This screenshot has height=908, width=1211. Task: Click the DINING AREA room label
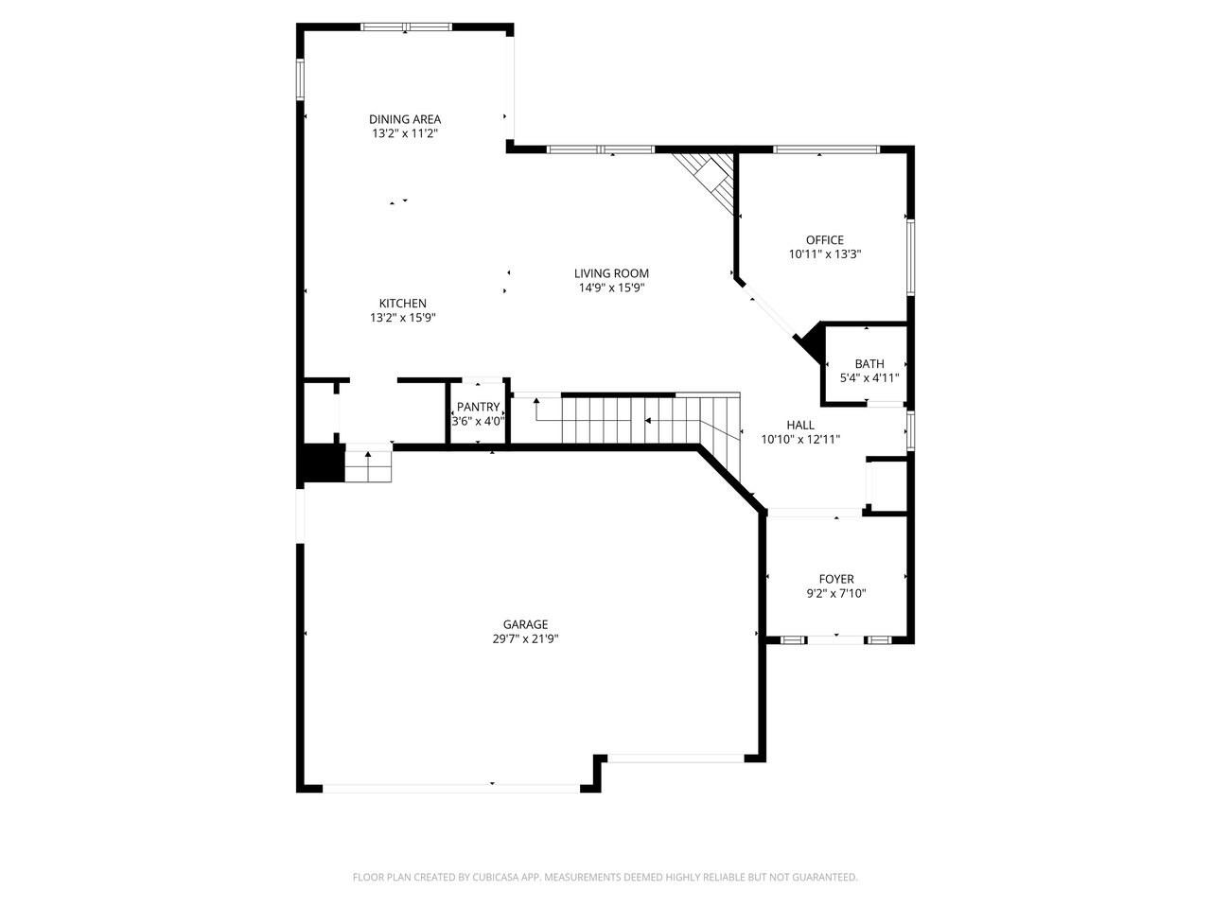click(x=404, y=119)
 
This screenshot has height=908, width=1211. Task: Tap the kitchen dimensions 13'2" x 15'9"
click(x=403, y=318)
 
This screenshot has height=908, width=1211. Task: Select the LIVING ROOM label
click(x=611, y=273)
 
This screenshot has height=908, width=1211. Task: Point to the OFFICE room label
click(x=825, y=240)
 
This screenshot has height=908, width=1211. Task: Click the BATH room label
click(x=869, y=364)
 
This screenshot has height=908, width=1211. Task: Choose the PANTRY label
click(x=479, y=407)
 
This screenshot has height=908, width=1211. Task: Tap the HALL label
click(x=800, y=425)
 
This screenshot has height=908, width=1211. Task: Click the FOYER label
click(x=836, y=579)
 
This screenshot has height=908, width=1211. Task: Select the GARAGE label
click(x=525, y=624)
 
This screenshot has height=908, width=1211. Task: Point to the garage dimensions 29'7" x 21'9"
click(x=525, y=639)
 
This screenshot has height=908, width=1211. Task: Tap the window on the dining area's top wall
click(x=407, y=26)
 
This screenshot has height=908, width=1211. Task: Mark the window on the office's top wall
click(x=826, y=148)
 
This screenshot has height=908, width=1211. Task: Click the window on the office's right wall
click(x=911, y=257)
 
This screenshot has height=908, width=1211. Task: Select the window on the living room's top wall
click(x=601, y=148)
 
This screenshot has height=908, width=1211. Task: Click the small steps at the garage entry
click(x=369, y=466)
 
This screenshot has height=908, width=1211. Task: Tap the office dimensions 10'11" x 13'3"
click(x=825, y=254)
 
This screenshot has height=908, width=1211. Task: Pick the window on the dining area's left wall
click(x=300, y=79)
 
